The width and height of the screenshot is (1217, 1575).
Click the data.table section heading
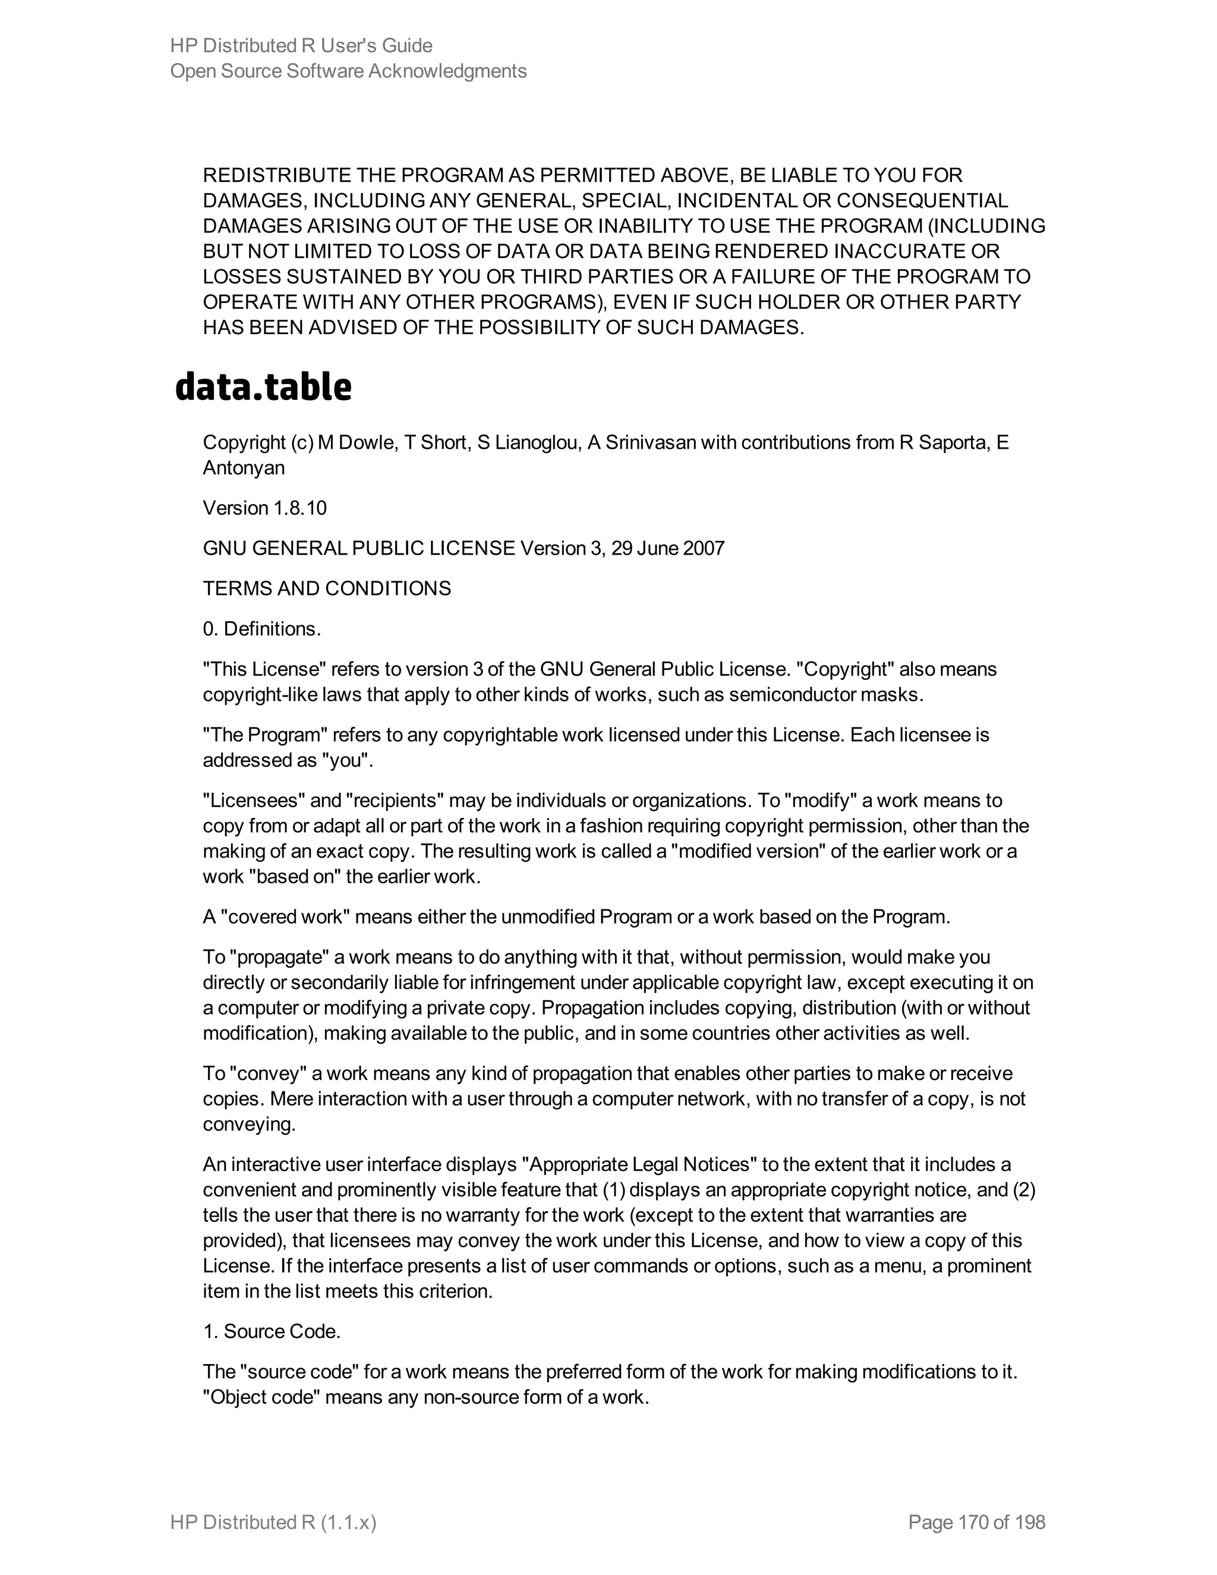click(x=263, y=388)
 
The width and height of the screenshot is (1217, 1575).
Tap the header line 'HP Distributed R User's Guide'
click(x=301, y=45)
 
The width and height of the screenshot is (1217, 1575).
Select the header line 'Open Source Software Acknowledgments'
click(x=348, y=71)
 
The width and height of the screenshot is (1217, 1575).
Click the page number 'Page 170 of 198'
click(x=976, y=1522)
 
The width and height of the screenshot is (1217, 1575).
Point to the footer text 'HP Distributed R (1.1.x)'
click(x=273, y=1522)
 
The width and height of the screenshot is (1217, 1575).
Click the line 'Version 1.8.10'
click(x=264, y=508)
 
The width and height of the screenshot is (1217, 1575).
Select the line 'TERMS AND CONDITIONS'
click(x=327, y=588)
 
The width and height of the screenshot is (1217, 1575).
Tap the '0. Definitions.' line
click(x=261, y=629)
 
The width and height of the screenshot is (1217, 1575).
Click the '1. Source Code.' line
click(x=272, y=1331)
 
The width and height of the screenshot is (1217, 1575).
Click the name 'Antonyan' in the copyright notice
click(x=244, y=468)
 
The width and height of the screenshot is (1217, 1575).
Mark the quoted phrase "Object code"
click(x=261, y=1398)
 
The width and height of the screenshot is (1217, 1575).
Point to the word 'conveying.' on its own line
click(x=250, y=1124)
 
